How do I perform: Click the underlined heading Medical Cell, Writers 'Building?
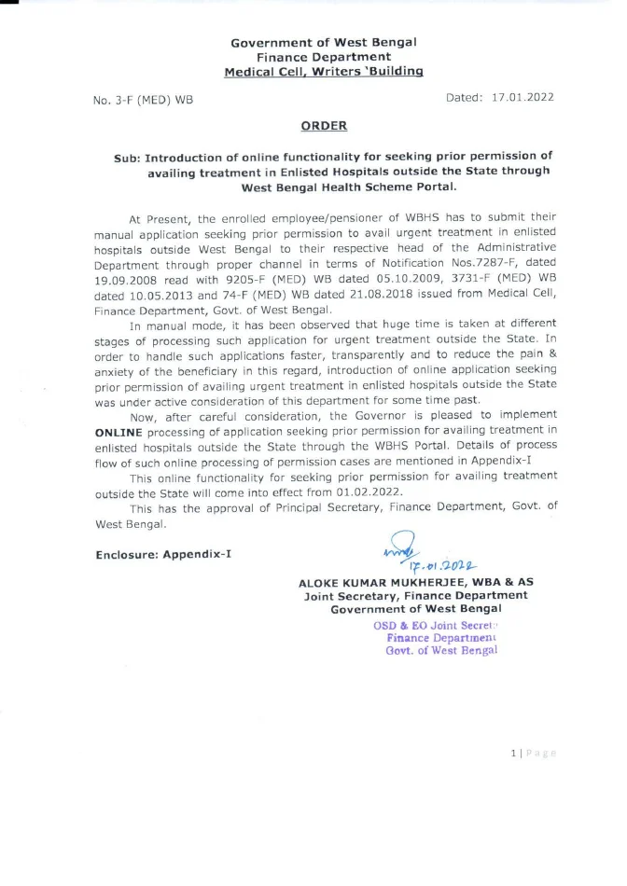pyautogui.click(x=324, y=71)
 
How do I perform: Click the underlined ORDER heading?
pyautogui.click(x=324, y=126)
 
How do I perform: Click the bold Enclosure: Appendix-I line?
pyautogui.click(x=163, y=555)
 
